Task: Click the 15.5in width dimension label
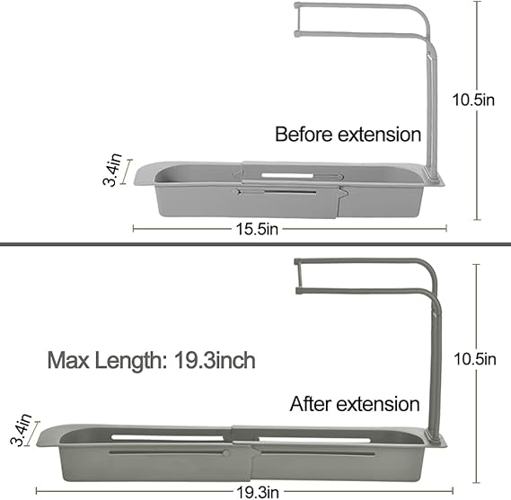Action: click(x=257, y=229)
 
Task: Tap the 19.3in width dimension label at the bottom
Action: click(x=258, y=493)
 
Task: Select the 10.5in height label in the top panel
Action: click(x=473, y=100)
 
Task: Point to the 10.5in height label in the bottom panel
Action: click(x=475, y=359)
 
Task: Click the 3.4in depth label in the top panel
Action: click(x=112, y=170)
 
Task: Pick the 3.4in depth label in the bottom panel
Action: click(x=21, y=430)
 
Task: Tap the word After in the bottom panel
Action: click(x=311, y=404)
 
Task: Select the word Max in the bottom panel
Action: click(x=68, y=360)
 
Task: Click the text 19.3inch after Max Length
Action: click(x=215, y=360)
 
